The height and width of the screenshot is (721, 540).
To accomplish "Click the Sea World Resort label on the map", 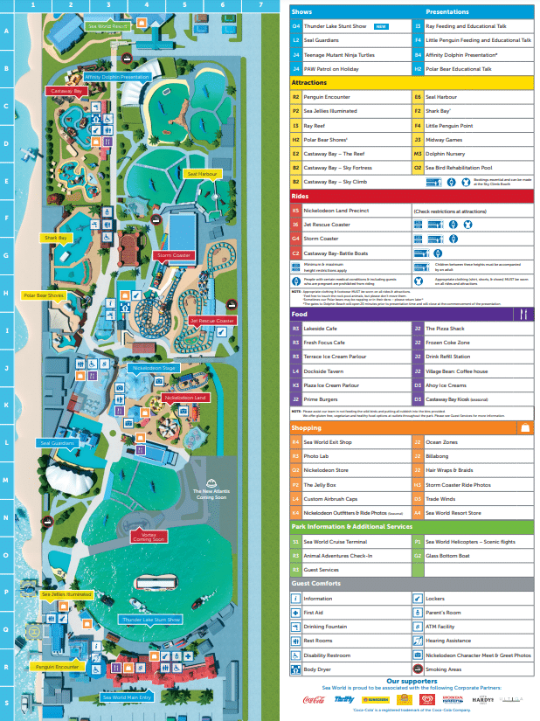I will click(x=109, y=27).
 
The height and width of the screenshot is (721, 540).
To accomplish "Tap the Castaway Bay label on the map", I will click(x=66, y=91).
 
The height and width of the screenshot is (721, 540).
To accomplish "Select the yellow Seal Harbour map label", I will click(x=202, y=174).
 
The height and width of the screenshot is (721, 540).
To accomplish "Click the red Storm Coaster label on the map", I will click(x=173, y=255).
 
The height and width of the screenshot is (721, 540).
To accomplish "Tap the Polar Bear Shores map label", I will click(x=44, y=295).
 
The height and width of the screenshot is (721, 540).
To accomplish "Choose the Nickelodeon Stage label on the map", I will click(x=154, y=369).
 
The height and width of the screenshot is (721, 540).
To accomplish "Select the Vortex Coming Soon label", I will click(x=148, y=537).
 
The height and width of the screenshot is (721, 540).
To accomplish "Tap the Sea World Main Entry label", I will click(x=127, y=697).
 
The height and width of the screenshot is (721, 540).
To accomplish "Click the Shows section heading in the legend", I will click(x=301, y=12).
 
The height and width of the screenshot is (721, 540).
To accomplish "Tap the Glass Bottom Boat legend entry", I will click(x=447, y=556).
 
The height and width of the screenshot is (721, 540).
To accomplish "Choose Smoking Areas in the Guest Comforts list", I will click(x=445, y=669).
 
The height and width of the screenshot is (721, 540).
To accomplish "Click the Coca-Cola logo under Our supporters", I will click(x=313, y=700).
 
